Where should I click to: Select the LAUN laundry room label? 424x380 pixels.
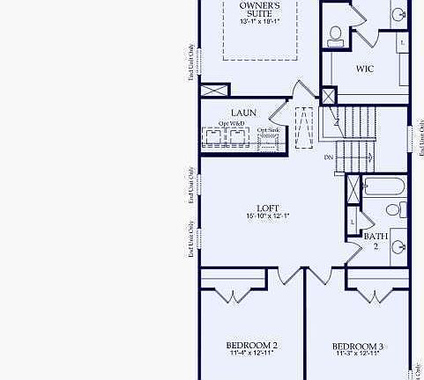(x=243, y=113)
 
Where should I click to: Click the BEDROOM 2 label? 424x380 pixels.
(x=252, y=345)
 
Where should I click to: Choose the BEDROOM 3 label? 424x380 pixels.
(x=358, y=346)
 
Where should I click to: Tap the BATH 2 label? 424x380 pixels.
(x=376, y=240)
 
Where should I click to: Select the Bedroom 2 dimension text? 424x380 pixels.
(x=252, y=354)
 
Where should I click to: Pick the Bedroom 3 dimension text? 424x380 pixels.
(x=358, y=355)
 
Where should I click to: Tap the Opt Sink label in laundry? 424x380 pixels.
(x=268, y=130)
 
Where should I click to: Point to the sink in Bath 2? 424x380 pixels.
(x=398, y=245)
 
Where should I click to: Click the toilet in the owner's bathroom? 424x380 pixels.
(x=336, y=35)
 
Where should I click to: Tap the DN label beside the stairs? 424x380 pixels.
(x=329, y=157)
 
